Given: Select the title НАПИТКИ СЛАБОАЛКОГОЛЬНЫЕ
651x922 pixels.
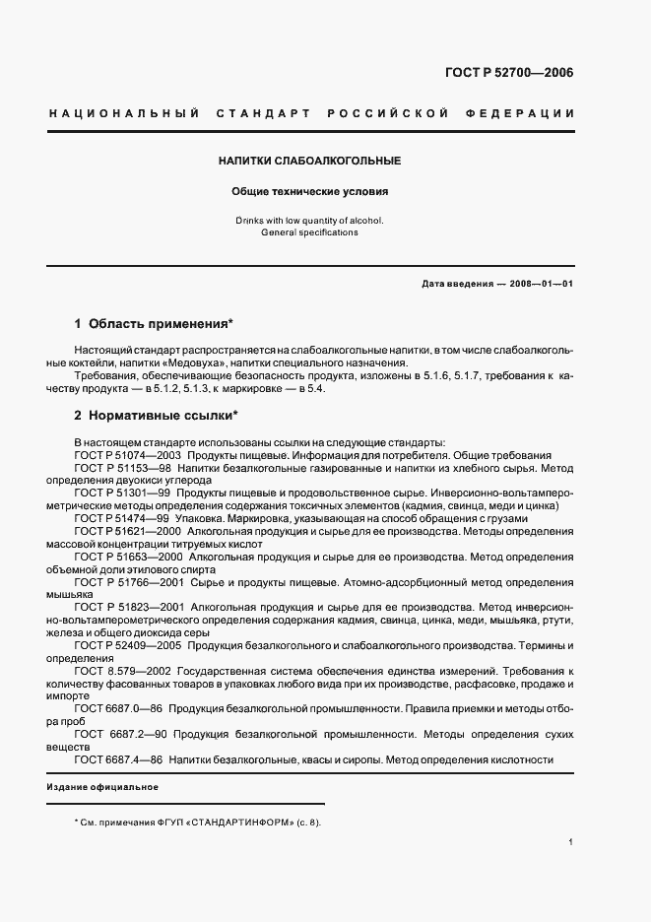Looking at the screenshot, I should coord(310,160).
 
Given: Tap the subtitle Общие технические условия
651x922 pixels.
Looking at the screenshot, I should coord(310,192).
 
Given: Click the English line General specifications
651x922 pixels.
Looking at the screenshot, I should coord(310,232).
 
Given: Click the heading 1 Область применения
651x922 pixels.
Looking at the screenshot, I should coord(155,323).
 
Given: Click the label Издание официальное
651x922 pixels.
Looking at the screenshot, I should coord(102,789).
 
